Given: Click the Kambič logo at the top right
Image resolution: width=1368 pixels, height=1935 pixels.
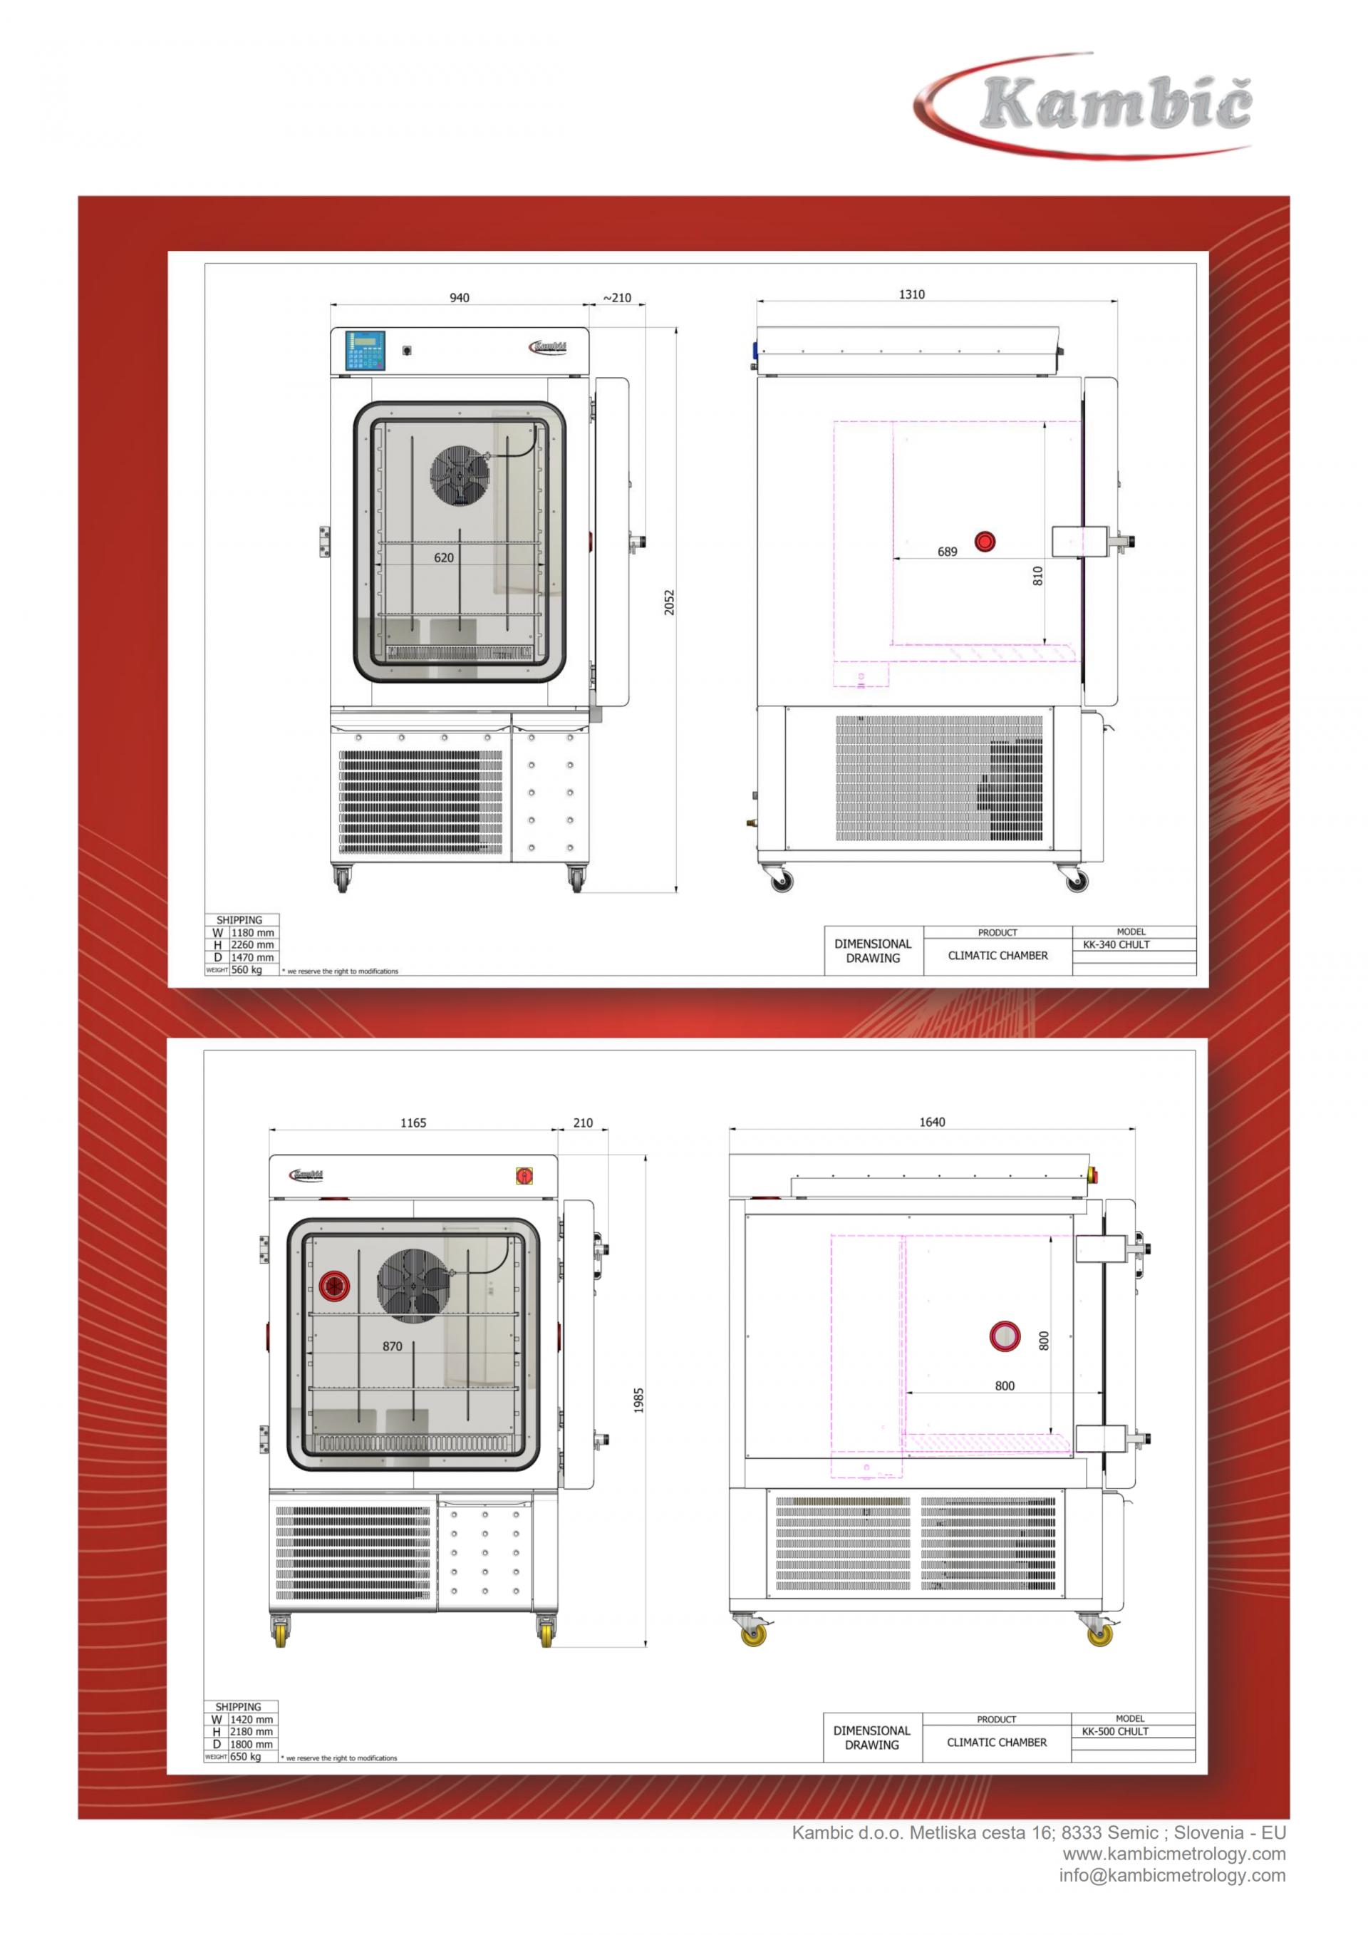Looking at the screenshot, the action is coord(1087,105).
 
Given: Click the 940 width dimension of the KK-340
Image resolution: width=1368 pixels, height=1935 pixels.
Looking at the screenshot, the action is coord(459,297).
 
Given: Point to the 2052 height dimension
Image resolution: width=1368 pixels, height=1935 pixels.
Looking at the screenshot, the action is coord(670,602).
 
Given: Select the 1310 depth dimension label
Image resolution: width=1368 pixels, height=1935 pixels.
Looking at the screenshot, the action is coord(911,294).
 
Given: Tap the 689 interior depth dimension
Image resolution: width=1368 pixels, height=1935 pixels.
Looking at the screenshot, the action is coord(947,552).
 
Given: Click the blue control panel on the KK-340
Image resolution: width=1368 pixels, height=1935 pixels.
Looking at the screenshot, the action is coord(366,350).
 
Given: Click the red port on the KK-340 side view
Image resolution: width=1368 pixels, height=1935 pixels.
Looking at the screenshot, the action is coord(984,541).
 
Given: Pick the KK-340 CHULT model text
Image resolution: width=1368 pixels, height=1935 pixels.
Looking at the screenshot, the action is coord(1116,945).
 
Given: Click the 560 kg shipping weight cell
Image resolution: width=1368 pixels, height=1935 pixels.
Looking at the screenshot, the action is coord(247,970).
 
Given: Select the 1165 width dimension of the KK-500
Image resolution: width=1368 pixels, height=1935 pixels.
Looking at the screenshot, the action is coord(413,1123).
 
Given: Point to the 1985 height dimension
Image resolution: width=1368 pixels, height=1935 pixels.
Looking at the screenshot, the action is coord(638,1400).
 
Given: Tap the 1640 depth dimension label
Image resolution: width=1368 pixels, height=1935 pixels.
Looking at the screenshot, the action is coord(932,1122).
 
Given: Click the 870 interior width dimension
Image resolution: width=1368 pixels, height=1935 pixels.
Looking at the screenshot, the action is coord(393,1346).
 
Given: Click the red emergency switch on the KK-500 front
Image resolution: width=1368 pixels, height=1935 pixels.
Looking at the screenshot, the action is coord(524,1176).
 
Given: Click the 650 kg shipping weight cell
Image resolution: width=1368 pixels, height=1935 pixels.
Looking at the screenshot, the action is coord(246,1756).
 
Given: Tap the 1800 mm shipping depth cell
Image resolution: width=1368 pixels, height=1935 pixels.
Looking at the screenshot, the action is coord(251,1744).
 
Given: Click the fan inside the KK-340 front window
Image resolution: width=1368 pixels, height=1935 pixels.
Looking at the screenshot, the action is coord(459,476).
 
